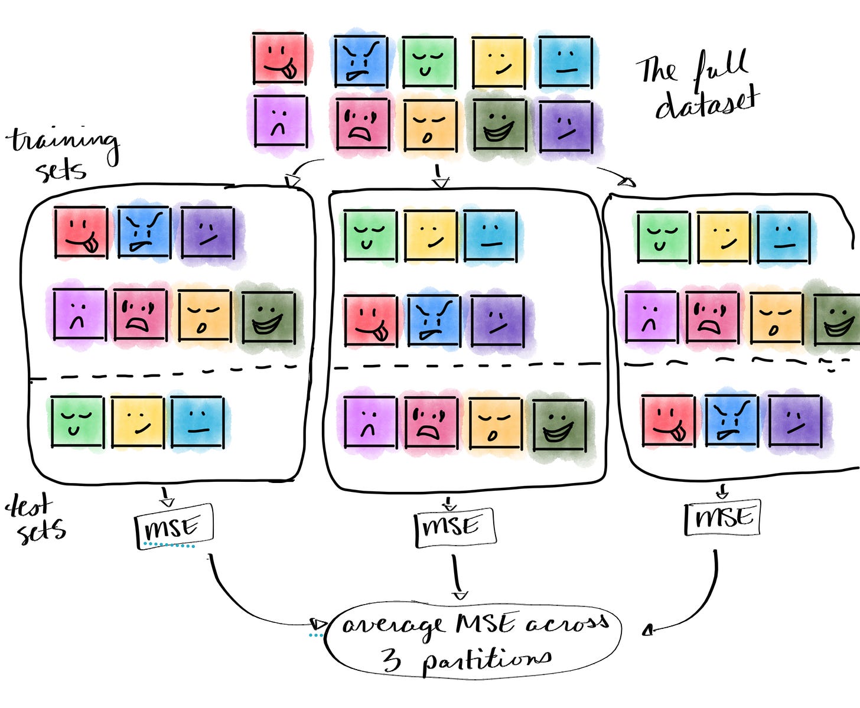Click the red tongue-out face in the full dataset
279,58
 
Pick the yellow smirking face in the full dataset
499,62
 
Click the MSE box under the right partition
722,518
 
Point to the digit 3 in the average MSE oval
391,659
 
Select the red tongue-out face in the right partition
668,420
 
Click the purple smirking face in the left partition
207,232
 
